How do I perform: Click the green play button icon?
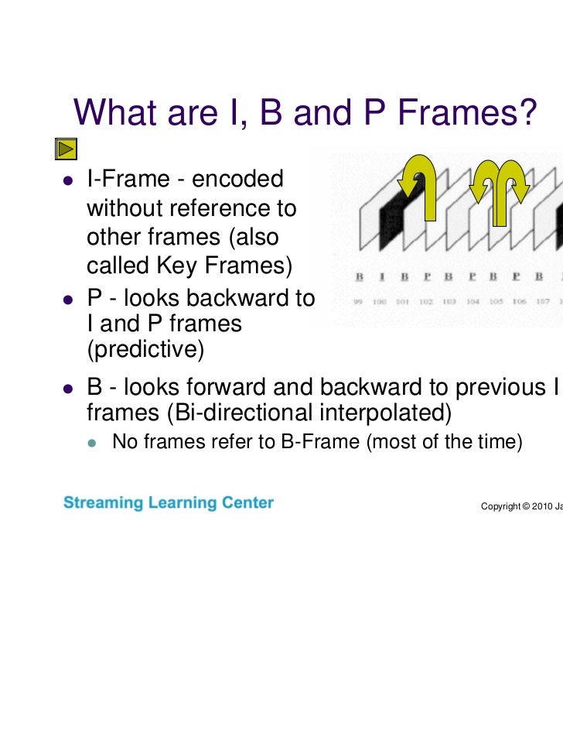(x=66, y=148)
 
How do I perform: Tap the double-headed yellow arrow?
(x=500, y=188)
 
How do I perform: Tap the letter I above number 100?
(x=381, y=276)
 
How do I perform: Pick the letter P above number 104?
(x=471, y=276)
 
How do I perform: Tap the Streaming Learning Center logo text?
(x=169, y=503)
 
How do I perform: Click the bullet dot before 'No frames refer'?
(x=92, y=444)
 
